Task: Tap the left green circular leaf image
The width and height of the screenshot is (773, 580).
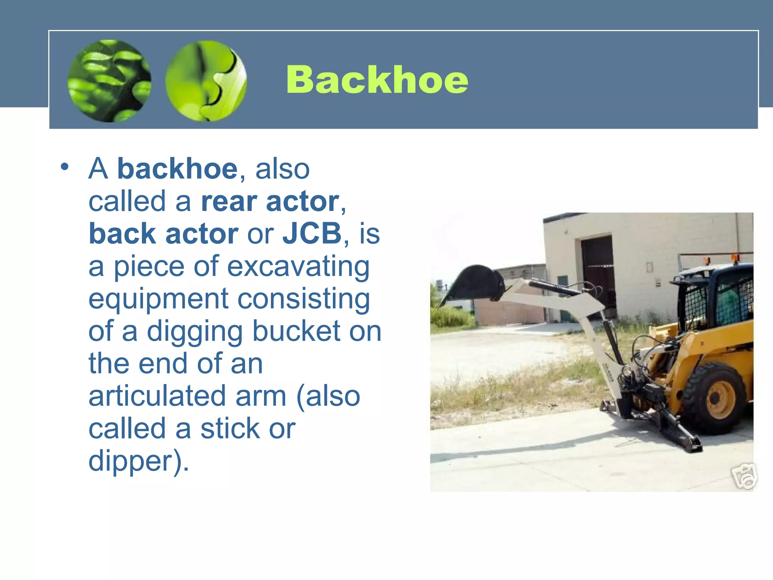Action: pyautogui.click(x=109, y=81)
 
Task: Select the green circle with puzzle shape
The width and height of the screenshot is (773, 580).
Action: pyautogui.click(x=206, y=81)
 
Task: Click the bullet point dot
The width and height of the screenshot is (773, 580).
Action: pyautogui.click(x=65, y=167)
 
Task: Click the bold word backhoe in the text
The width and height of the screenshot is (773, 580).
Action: pyautogui.click(x=177, y=169)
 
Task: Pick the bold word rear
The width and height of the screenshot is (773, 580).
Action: pyautogui.click(x=229, y=202)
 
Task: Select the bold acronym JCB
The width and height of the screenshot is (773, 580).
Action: pyautogui.click(x=312, y=234)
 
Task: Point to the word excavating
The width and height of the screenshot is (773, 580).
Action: pyautogui.click(x=298, y=267)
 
